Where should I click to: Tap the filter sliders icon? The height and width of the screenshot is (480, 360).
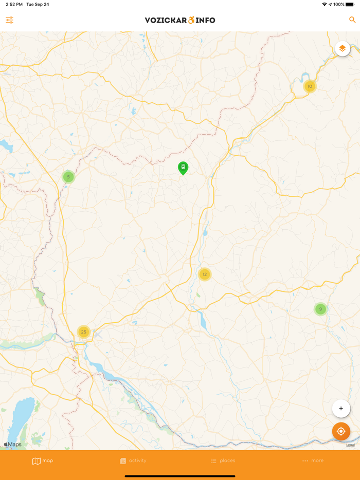pyautogui.click(x=10, y=20)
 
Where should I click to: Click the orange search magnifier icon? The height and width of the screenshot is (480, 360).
pyautogui.click(x=352, y=20)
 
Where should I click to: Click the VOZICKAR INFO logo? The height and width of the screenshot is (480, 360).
pyautogui.click(x=180, y=20)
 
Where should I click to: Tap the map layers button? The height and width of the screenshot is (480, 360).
pyautogui.click(x=343, y=49)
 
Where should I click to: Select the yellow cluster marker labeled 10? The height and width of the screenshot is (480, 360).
pyautogui.click(x=310, y=86)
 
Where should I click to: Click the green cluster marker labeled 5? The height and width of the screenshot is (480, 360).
pyautogui.click(x=68, y=177)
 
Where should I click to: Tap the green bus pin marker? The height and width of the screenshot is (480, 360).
pyautogui.click(x=183, y=168)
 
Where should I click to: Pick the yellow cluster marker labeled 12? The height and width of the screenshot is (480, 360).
pyautogui.click(x=205, y=274)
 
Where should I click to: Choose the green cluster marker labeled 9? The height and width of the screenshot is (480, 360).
pyautogui.click(x=320, y=309)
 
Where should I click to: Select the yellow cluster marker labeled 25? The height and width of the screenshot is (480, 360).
pyautogui.click(x=84, y=332)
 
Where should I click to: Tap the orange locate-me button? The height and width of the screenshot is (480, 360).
pyautogui.click(x=341, y=432)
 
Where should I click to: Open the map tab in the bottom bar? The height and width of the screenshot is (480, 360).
pyautogui.click(x=43, y=461)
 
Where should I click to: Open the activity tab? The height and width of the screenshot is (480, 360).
pyautogui.click(x=133, y=461)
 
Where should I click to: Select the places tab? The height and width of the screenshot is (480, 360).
pyautogui.click(x=223, y=461)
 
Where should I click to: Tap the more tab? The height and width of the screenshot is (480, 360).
pyautogui.click(x=313, y=461)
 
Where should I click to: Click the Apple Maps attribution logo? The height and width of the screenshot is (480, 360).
pyautogui.click(x=13, y=445)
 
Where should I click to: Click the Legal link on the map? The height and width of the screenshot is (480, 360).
pyautogui.click(x=350, y=445)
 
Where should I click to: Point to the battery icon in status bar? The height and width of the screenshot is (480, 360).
pyautogui.click(x=350, y=5)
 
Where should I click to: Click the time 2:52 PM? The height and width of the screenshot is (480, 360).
pyautogui.click(x=14, y=5)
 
